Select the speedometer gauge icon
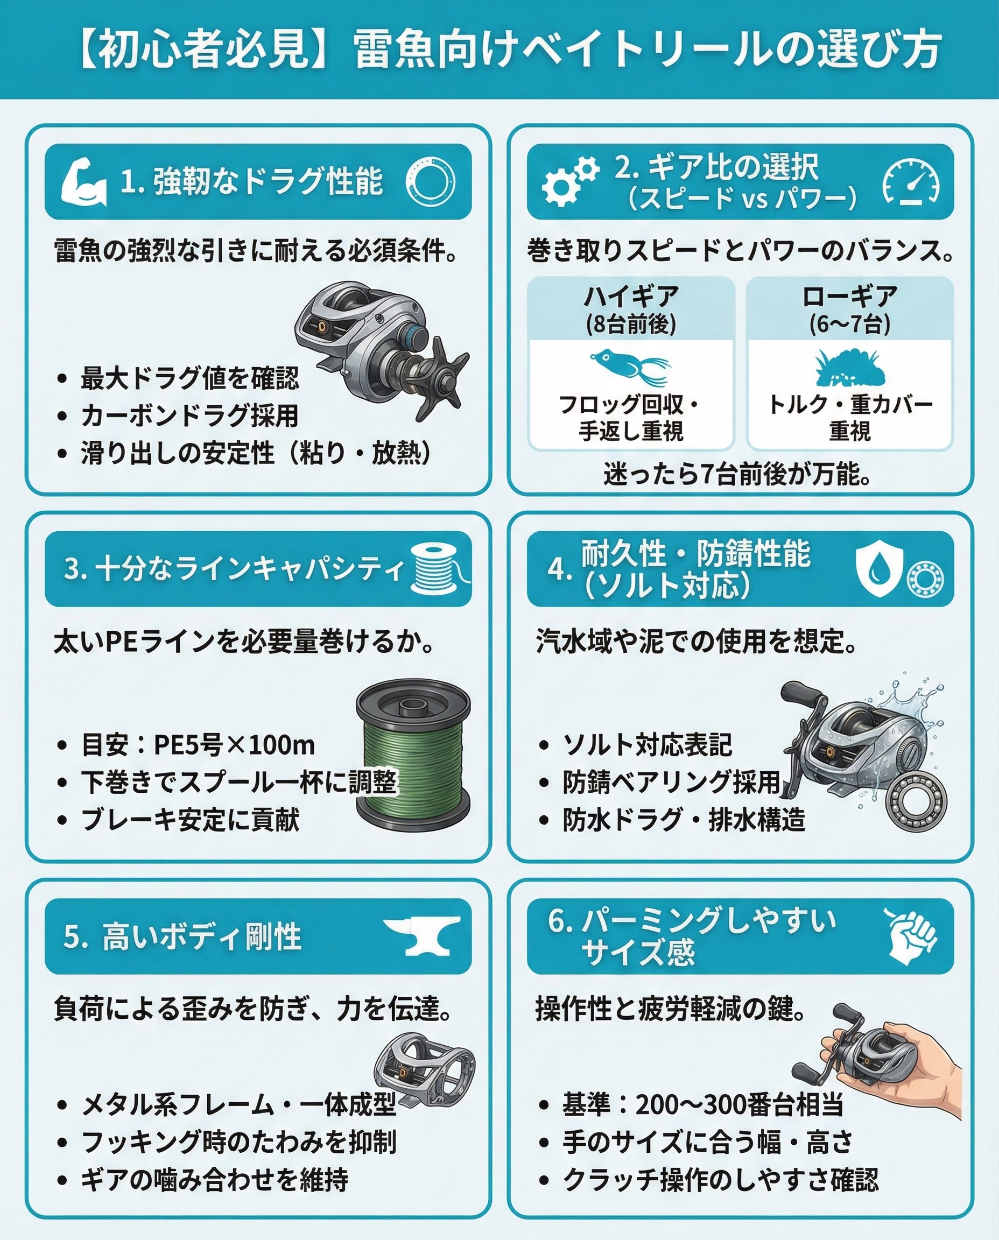911,181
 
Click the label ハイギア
631,298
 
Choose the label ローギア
850,298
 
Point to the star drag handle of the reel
440,377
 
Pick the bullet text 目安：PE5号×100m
198,744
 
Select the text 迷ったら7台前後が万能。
737,474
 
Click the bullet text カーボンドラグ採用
189,415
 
